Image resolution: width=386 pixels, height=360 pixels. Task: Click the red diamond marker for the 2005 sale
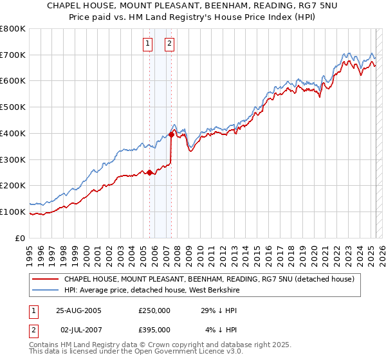click(x=149, y=172)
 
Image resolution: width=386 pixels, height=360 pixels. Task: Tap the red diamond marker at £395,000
click(x=171, y=134)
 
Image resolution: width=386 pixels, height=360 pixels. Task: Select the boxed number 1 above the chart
click(x=148, y=44)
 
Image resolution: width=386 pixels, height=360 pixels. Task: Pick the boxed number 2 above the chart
click(x=169, y=44)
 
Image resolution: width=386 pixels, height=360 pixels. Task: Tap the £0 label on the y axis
click(x=20, y=238)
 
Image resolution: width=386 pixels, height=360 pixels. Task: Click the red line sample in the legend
click(x=47, y=280)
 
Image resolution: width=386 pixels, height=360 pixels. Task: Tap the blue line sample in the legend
click(x=47, y=290)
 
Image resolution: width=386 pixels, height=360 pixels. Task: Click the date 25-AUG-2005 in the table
click(x=79, y=310)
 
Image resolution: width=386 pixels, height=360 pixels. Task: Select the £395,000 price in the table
click(x=154, y=330)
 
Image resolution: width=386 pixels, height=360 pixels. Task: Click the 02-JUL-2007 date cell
click(x=78, y=330)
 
